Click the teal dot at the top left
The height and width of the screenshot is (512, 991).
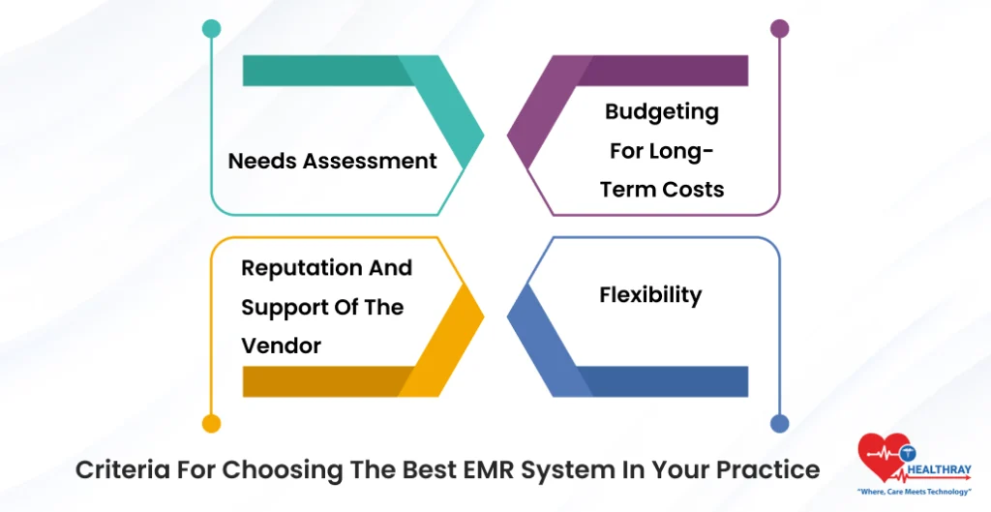click(211, 28)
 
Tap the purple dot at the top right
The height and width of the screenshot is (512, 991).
click(779, 28)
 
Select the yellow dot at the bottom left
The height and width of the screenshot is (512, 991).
click(211, 423)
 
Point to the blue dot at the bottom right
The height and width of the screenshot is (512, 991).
click(779, 423)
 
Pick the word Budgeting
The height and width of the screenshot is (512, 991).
click(662, 112)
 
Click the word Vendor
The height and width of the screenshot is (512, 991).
click(282, 346)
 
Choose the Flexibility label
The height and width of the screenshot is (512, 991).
click(650, 294)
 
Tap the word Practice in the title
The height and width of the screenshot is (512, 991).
click(767, 470)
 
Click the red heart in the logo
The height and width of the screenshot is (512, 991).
click(881, 455)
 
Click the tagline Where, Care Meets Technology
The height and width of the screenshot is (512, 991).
click(915, 492)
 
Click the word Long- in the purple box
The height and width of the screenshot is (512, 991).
click(688, 151)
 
